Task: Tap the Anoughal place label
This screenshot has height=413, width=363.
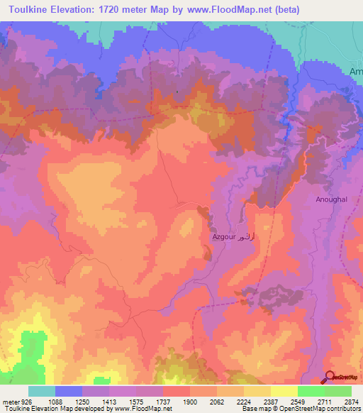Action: (x=332, y=200)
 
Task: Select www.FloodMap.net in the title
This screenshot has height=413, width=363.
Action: (x=220, y=10)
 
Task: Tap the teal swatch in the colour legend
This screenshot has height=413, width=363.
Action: (x=42, y=391)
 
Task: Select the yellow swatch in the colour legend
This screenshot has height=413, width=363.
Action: (x=284, y=391)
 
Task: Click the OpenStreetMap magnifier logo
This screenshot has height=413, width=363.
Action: (x=330, y=377)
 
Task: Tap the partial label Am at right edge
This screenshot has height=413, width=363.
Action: (x=356, y=72)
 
